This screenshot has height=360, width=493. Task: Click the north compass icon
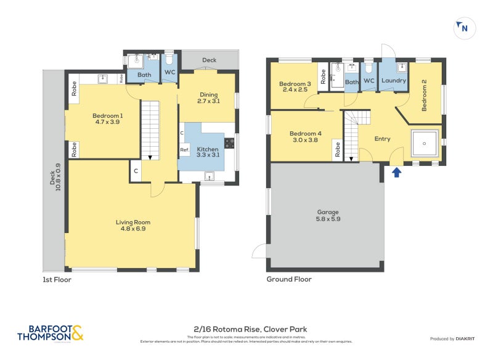(464, 28)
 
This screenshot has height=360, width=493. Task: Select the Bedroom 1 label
(108, 118)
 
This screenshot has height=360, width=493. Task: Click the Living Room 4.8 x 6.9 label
(133, 226)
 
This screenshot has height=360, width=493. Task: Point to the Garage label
(328, 215)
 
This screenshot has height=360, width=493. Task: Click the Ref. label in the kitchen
(184, 150)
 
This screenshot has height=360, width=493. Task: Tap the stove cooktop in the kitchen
(230, 143)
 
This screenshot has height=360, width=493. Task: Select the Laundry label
(393, 81)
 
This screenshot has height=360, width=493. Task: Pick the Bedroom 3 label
(295, 86)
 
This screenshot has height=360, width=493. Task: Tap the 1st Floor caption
(56, 279)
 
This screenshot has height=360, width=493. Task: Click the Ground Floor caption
(288, 279)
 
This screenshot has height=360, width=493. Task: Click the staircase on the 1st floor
(150, 129)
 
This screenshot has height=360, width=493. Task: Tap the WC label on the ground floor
(369, 81)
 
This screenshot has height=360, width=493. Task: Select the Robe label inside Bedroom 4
(338, 150)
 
